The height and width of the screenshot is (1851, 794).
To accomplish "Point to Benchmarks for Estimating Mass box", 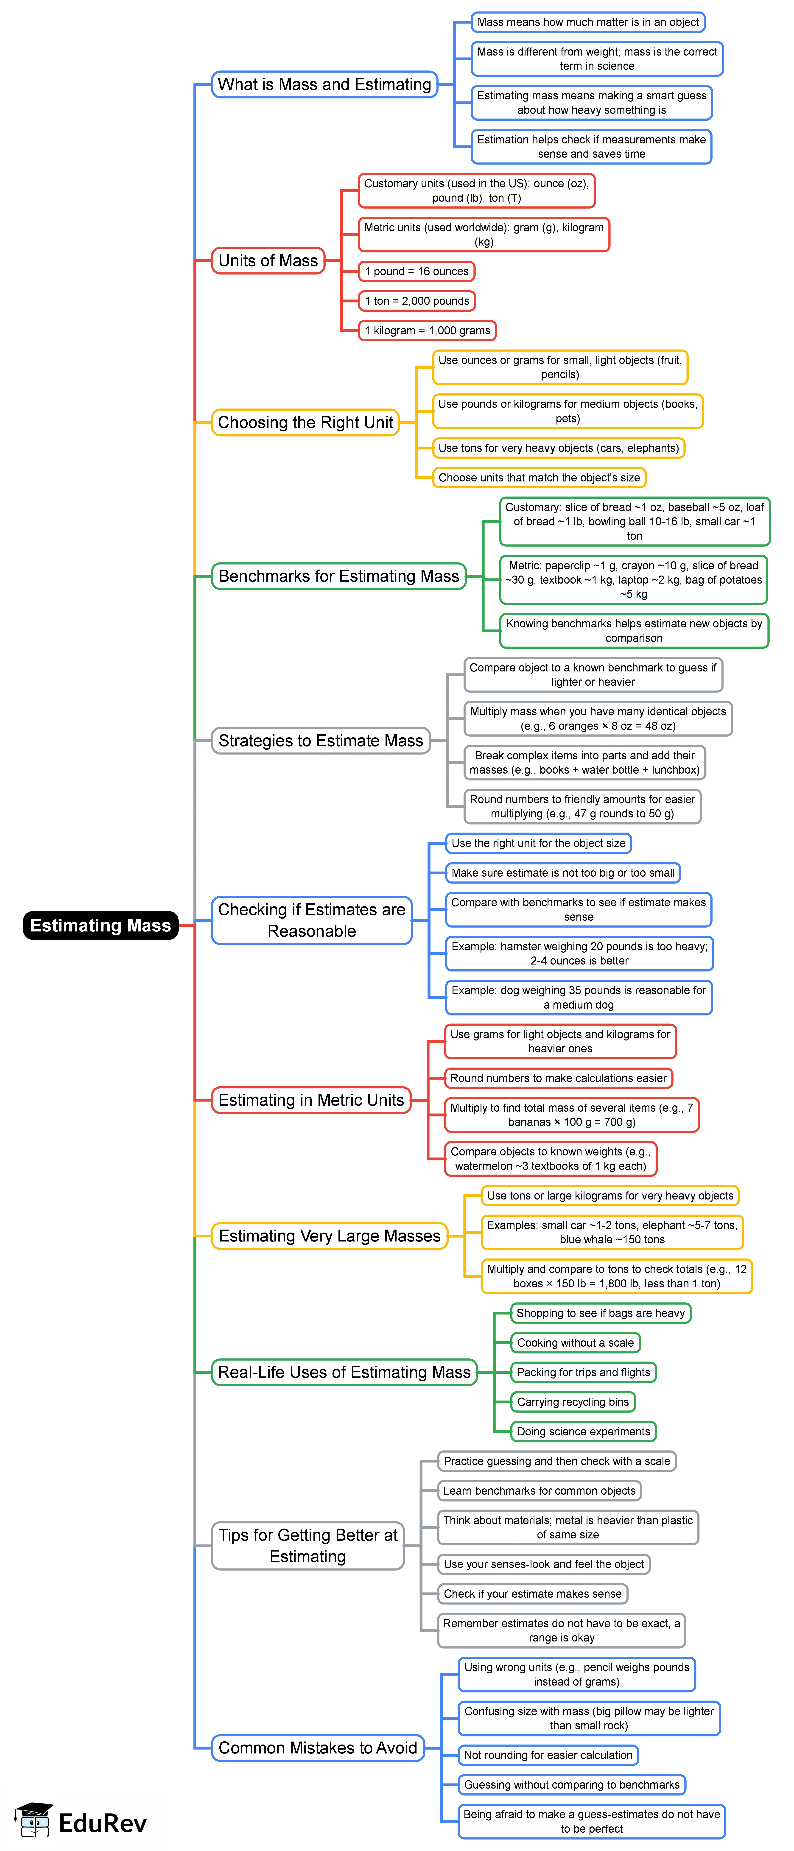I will pos(338,576).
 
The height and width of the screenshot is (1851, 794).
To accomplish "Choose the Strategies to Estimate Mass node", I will pos(321,741).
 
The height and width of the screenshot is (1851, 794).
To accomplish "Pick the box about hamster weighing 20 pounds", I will pos(579,953).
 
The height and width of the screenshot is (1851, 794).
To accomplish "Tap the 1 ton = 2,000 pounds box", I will pos(417,301).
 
